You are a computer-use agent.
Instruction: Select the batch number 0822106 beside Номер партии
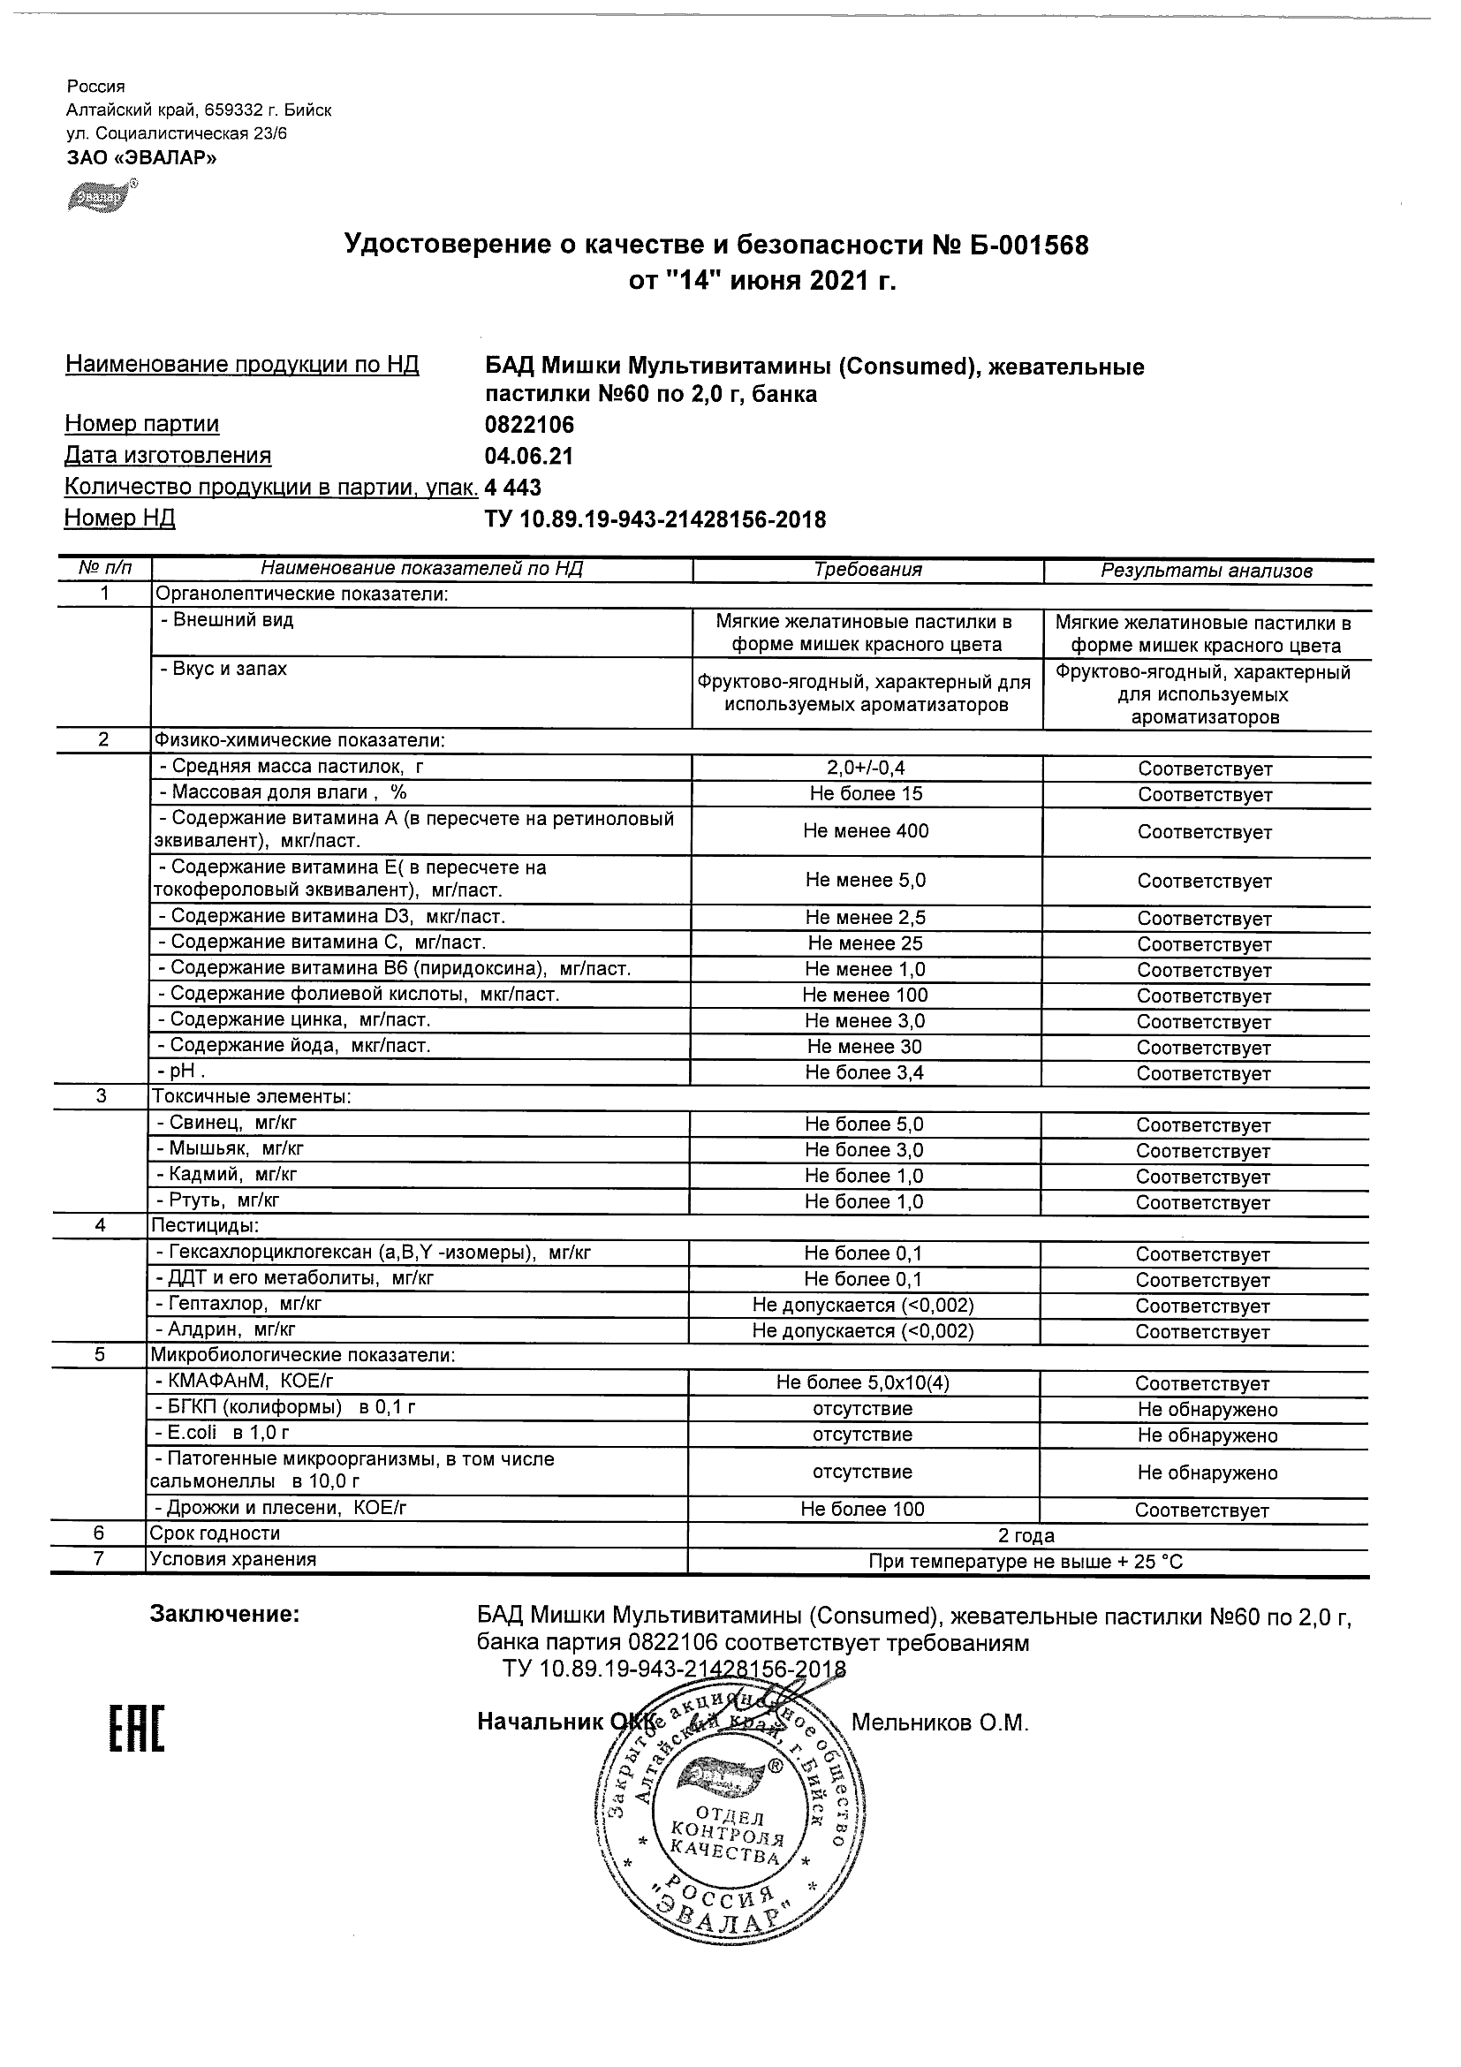pos(529,424)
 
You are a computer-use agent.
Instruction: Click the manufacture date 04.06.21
pos(528,456)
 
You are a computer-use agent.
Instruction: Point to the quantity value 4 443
pos(513,487)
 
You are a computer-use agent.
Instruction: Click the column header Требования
pos(867,570)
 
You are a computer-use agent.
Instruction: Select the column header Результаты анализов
pos(1207,571)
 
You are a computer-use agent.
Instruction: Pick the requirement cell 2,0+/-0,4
pos(866,768)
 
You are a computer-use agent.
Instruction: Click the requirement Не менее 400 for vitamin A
pos(866,831)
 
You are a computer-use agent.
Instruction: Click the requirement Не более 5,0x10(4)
pos(862,1382)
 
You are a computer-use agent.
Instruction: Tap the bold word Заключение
pos(224,1614)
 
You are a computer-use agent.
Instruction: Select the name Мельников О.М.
pos(939,1722)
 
